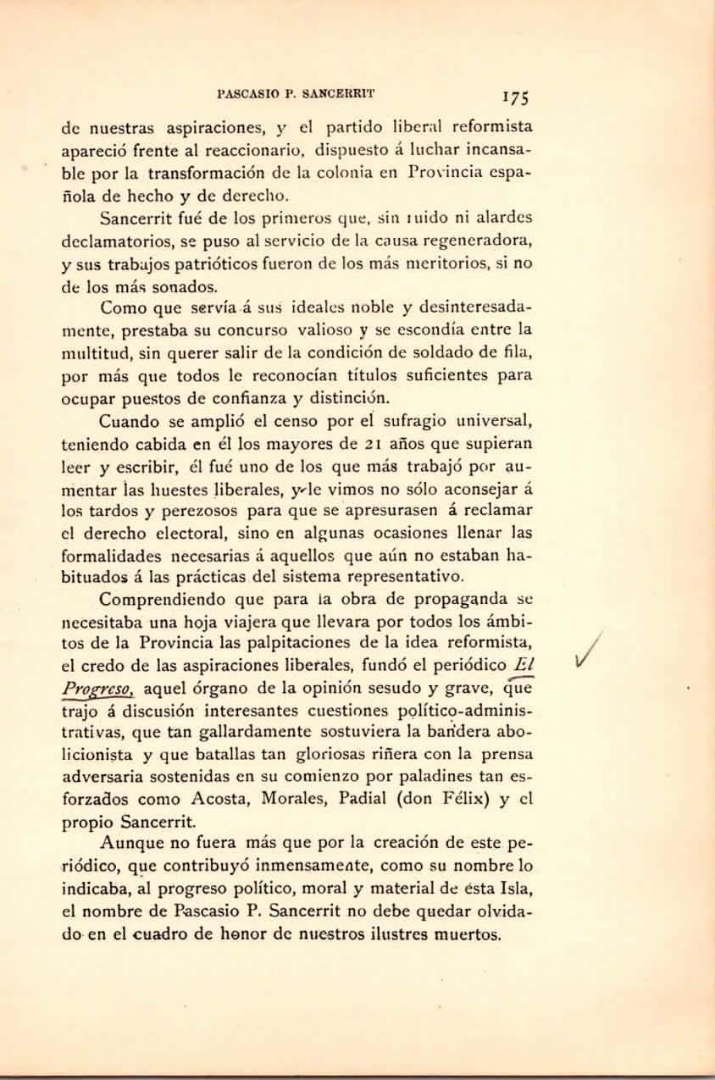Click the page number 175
(x=514, y=96)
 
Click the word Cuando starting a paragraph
(x=126, y=420)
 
